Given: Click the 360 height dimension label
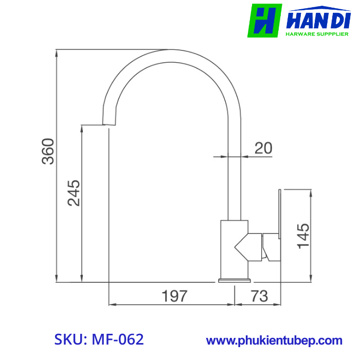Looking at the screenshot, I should [x=48, y=151].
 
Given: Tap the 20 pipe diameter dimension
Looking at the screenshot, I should [x=263, y=148].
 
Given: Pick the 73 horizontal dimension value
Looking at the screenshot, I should [x=260, y=296].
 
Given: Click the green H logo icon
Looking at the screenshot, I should [x=264, y=21].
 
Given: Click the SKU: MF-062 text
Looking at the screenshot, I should [x=99, y=339].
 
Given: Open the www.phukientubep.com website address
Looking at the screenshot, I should [x=274, y=340].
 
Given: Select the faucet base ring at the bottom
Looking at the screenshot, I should [x=234, y=281].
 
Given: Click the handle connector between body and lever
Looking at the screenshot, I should [x=270, y=247].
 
